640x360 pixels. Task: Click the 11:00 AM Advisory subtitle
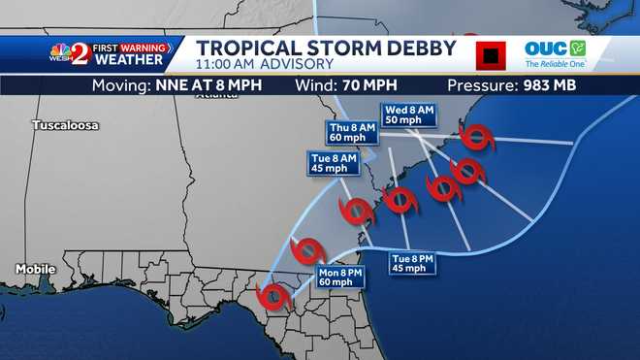click(265, 64)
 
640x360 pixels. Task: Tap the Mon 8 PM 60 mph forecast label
click(340, 278)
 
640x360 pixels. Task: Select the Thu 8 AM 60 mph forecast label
click(349, 132)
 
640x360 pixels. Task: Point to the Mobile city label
click(35, 269)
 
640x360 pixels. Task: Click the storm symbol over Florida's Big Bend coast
click(275, 296)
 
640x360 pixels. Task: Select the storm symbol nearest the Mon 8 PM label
click(309, 250)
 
